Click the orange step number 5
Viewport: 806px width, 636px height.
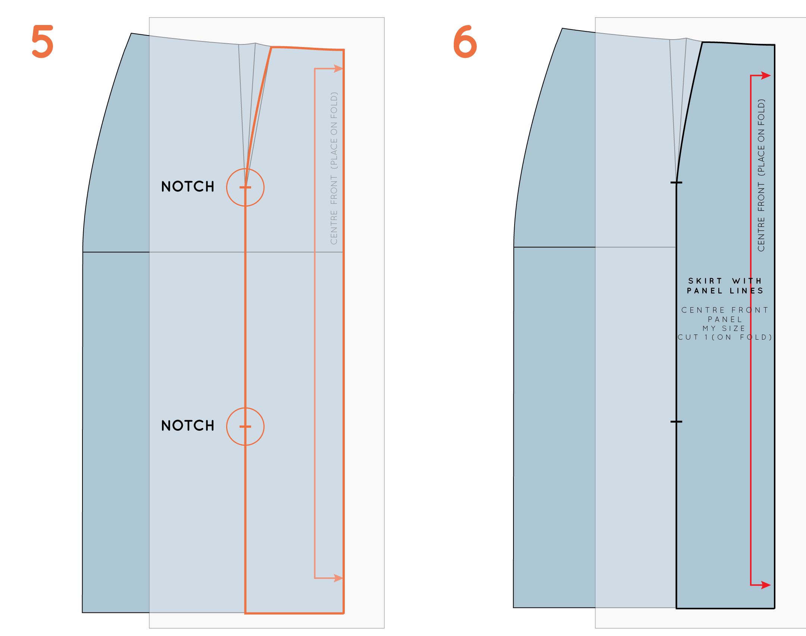43,41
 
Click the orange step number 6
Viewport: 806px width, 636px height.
465,41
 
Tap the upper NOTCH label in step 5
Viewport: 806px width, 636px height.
188,187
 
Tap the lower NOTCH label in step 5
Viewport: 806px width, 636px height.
188,425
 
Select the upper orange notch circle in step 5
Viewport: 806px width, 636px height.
245,187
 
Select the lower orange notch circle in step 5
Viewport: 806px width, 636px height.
245,426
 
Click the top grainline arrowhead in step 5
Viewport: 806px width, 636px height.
338,69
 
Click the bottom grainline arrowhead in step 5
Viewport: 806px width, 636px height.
338,578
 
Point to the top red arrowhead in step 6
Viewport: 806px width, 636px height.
766,76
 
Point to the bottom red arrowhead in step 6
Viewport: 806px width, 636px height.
766,585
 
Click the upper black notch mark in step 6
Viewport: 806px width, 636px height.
676,183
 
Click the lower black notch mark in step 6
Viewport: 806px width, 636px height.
676,421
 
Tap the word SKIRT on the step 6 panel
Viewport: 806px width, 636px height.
705,281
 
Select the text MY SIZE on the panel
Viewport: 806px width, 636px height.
724,328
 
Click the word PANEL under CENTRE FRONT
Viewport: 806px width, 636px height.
725,319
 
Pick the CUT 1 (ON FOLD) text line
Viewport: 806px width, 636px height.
725,337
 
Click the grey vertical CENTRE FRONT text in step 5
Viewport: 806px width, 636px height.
334,168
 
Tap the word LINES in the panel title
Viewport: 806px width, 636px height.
747,291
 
